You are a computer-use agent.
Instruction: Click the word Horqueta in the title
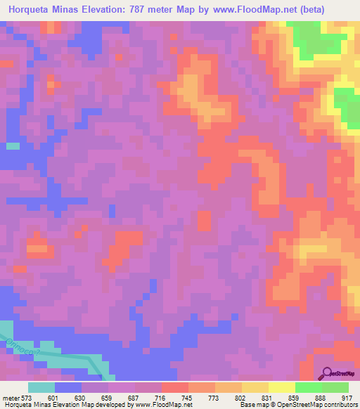coord(32,10)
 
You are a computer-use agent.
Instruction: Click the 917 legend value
coord(349,398)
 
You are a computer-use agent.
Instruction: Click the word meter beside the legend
coord(11,398)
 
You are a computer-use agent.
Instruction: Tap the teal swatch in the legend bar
coord(41,387)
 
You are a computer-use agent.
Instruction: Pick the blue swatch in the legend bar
coord(68,387)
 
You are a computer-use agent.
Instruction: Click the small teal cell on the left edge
coord(12,146)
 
